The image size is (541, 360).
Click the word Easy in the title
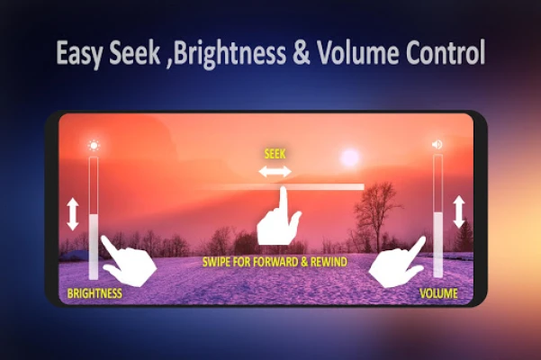[79, 53]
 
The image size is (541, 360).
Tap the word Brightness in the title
[230, 53]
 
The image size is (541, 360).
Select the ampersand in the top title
[302, 53]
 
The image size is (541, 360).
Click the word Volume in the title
[357, 52]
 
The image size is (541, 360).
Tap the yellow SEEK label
[275, 154]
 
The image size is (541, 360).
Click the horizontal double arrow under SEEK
[275, 171]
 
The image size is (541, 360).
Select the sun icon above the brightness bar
[94, 146]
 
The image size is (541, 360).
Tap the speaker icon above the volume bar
[437, 144]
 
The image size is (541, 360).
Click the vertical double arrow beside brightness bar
[73, 214]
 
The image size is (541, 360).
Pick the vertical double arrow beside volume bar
[459, 211]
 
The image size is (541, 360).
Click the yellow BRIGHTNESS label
[95, 293]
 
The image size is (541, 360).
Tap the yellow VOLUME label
[438, 293]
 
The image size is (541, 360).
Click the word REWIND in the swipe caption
[329, 262]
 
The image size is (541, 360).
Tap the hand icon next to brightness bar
[130, 263]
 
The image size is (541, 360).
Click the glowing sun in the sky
[350, 157]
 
